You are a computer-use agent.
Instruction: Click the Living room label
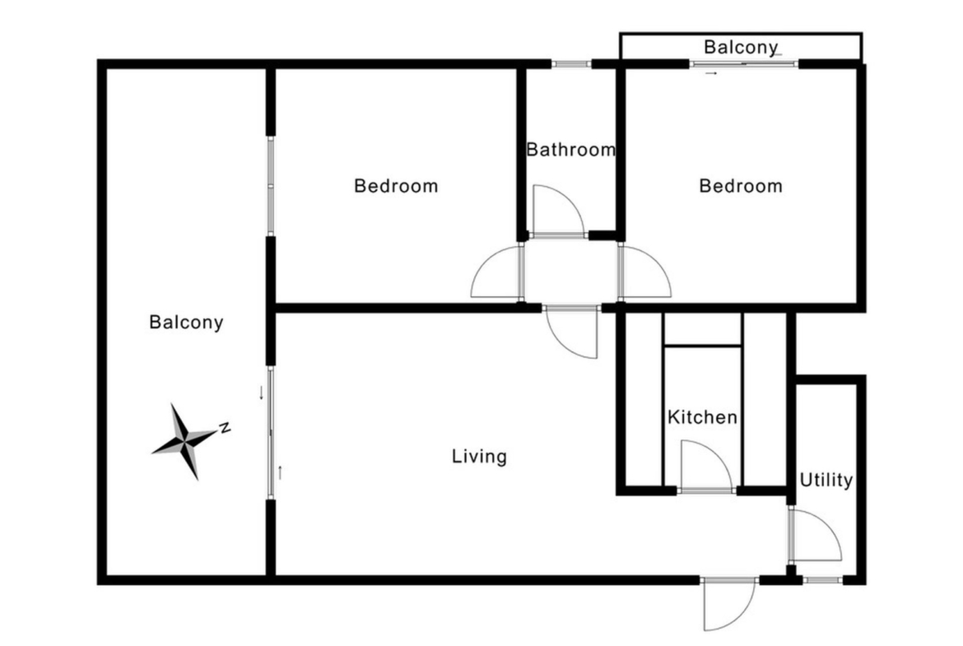479,456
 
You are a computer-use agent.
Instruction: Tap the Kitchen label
702,417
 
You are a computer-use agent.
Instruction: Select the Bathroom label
570,149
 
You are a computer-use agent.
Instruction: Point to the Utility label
826,480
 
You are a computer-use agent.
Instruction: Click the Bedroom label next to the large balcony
396,185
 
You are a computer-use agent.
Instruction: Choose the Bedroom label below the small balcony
741,185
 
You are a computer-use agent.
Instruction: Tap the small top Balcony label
741,47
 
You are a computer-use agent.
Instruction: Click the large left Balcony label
186,322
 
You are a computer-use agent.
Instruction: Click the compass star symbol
184,440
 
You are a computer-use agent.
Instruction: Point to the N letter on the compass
225,427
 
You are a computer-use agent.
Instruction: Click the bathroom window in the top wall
571,63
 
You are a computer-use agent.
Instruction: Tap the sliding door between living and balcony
270,432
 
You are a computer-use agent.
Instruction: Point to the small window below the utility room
822,579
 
